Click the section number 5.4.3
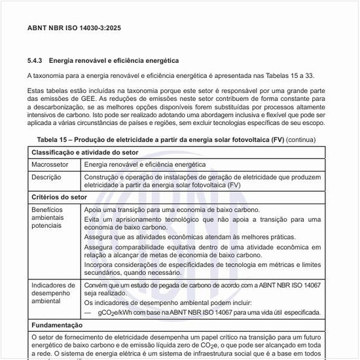pos(35,60)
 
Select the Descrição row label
pos(46,177)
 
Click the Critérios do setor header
pos(60,196)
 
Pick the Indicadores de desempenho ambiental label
pos(53,294)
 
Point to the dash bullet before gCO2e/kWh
pos(88,313)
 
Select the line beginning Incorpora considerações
pos(203,264)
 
